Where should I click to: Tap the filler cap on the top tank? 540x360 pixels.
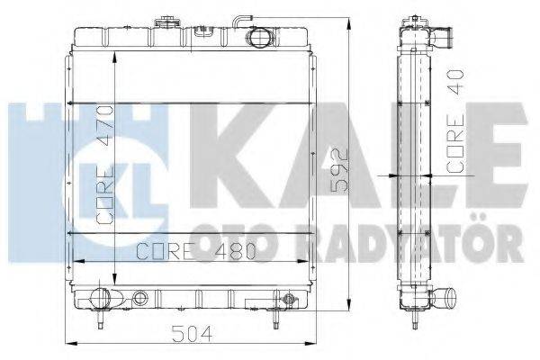click(166, 20)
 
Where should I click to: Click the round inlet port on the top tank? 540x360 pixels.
click(260, 39)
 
